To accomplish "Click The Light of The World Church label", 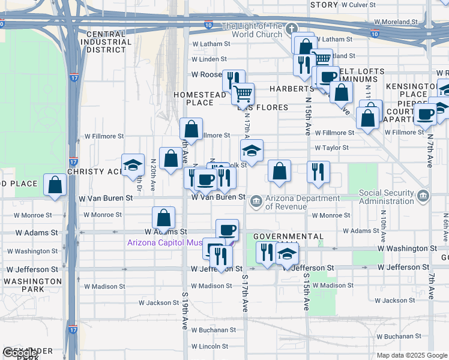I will (x=252, y=30).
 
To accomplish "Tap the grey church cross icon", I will (x=291, y=28).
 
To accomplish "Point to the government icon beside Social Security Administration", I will (x=424, y=196).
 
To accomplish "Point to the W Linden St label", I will (x=209, y=59).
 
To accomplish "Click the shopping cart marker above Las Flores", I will (x=243, y=93).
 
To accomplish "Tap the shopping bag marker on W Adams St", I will (x=163, y=217).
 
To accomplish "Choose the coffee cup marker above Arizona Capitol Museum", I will (x=227, y=229).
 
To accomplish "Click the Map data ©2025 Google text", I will (x=411, y=355).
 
